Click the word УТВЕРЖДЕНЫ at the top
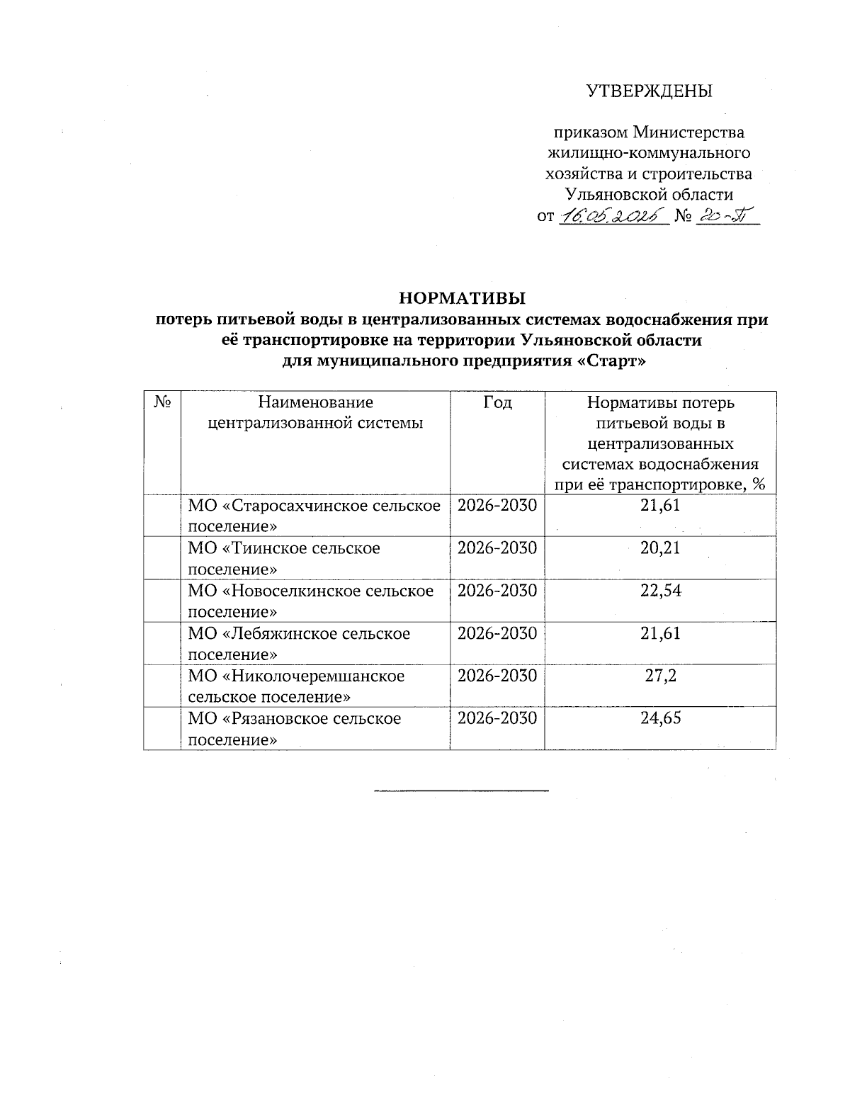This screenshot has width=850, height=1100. [x=649, y=91]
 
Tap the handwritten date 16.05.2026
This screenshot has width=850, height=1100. [x=613, y=217]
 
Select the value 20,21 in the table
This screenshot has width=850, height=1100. [x=660, y=548]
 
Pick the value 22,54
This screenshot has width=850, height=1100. [x=660, y=591]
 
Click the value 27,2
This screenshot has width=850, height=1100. [x=660, y=676]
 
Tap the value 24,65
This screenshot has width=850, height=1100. [x=660, y=718]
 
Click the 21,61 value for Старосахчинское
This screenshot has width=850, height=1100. [x=660, y=506]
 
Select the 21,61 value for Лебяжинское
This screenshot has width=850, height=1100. [x=660, y=633]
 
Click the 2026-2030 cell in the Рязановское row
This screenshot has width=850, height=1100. [x=497, y=718]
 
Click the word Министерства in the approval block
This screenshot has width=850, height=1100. [x=688, y=132]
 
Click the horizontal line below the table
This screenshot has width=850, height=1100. [x=461, y=789]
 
